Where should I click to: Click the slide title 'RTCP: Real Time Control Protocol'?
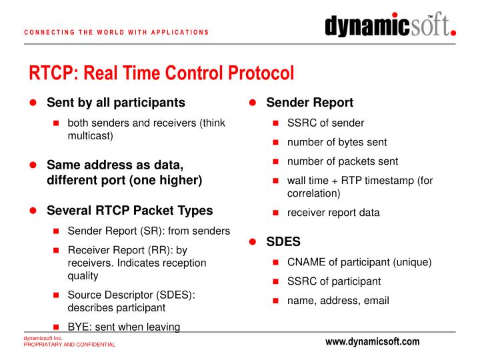(x=161, y=73)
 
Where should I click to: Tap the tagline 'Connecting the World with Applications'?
(x=117, y=32)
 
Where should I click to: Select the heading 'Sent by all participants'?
(x=115, y=103)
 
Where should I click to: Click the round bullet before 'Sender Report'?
(x=253, y=103)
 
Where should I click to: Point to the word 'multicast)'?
(x=91, y=135)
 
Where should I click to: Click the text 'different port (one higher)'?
(x=124, y=180)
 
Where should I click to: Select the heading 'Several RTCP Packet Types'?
(x=129, y=211)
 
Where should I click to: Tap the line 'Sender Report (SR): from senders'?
(x=149, y=231)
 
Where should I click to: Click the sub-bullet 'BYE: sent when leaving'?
(x=124, y=327)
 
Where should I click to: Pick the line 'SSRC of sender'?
(x=325, y=123)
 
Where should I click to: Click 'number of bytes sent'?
(x=337, y=142)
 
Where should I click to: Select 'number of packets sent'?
(x=343, y=161)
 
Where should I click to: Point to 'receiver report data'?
(x=333, y=213)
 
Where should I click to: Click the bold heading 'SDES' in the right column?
(x=283, y=241)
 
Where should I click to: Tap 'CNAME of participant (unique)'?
(x=359, y=262)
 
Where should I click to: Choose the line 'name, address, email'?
(x=338, y=300)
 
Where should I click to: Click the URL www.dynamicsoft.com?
(x=372, y=342)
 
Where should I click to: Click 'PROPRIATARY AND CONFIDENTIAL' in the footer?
(x=69, y=345)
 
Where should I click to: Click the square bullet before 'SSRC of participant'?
(x=276, y=281)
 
